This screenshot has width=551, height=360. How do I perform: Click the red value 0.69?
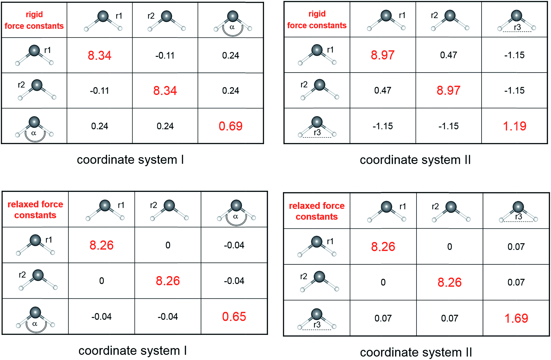[x=231, y=126]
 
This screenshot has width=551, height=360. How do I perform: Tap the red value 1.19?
[x=514, y=126]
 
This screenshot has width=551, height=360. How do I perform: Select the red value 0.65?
[x=234, y=317]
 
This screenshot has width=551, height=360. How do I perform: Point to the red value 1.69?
[x=516, y=318]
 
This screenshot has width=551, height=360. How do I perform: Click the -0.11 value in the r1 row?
[x=165, y=56]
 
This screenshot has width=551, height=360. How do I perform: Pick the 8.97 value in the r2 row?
[x=448, y=91]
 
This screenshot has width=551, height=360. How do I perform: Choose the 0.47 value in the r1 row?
[x=448, y=55]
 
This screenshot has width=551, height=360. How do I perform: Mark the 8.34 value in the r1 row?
[x=99, y=56]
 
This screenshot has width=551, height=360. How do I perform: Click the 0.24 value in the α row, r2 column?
[x=165, y=126]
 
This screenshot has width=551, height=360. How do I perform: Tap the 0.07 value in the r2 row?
[x=516, y=282]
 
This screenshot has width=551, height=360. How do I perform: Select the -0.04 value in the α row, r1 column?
[x=101, y=317]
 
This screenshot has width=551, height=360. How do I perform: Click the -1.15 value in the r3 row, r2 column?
[x=448, y=126]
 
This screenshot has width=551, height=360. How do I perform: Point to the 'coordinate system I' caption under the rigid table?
[x=130, y=160]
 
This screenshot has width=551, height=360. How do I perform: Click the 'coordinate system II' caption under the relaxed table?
[x=416, y=352]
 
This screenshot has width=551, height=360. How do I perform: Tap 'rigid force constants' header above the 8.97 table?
[x=317, y=20]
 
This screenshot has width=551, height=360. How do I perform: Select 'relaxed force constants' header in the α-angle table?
[x=35, y=210]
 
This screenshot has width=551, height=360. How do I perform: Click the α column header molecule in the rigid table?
[x=232, y=23]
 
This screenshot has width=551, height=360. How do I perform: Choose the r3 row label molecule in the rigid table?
[x=317, y=127]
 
